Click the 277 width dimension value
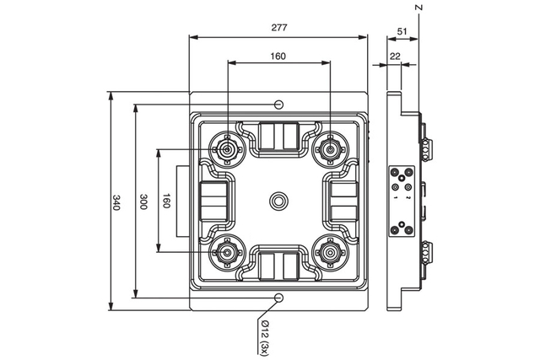(x=279, y=27)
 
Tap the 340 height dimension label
(x=116, y=202)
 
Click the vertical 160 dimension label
(x=166, y=202)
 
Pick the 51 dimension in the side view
(x=402, y=32)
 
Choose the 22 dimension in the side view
(x=395, y=56)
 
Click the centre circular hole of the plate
(x=278, y=201)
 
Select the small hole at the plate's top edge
(x=278, y=104)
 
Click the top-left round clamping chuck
(x=226, y=149)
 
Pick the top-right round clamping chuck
(x=328, y=149)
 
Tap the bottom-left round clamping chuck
(x=226, y=250)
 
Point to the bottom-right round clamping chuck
(x=328, y=250)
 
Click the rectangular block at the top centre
(x=278, y=137)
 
